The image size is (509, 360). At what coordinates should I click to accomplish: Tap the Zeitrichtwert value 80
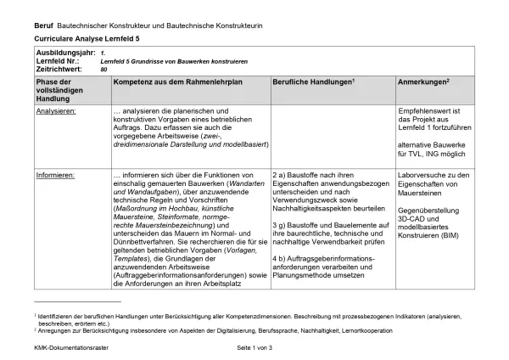[103, 70]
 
